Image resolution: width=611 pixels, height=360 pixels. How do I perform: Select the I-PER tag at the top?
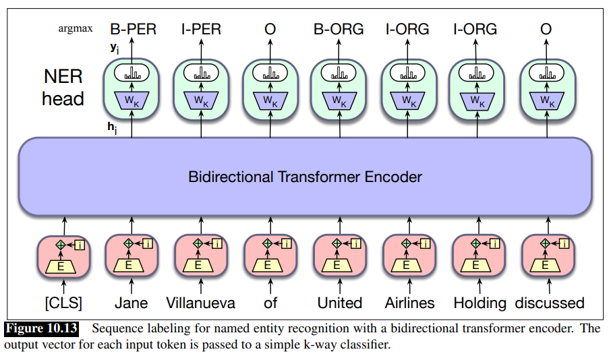pos(201,29)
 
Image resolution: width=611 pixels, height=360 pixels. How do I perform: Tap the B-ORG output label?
pos(339,29)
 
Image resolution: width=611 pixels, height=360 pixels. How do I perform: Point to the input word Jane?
pos(132,303)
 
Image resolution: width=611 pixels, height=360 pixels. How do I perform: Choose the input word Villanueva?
pos(201,303)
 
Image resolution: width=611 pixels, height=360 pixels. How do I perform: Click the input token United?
pos(339,303)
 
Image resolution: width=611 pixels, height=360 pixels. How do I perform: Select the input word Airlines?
pos(409,303)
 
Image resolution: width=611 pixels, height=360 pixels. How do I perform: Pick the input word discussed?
pos(549,303)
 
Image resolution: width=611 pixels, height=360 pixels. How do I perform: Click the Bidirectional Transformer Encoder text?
pos(305,177)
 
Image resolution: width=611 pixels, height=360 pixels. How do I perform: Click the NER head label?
pos(63,87)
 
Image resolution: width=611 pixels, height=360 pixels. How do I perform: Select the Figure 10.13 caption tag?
pos(42,330)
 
